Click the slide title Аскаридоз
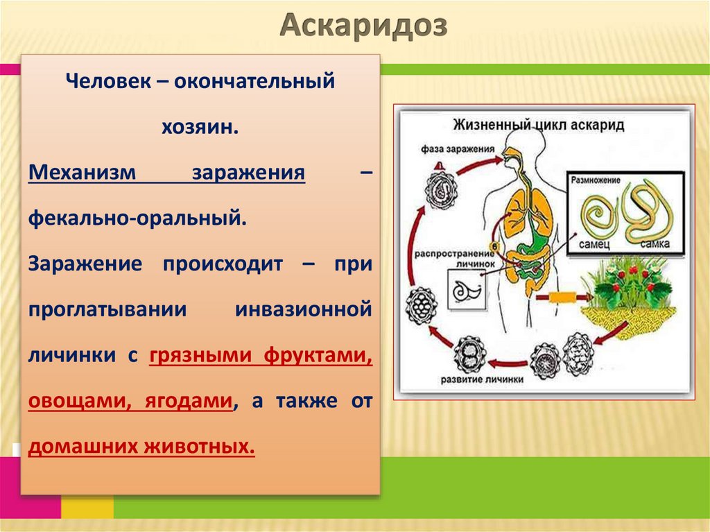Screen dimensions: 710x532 click(x=365, y=28)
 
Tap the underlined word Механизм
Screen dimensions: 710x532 click(x=82, y=173)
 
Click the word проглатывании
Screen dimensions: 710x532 click(x=107, y=309)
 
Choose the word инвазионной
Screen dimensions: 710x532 click(x=304, y=309)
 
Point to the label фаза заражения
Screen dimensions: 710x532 click(x=458, y=148)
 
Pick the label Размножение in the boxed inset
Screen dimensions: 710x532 click(x=596, y=178)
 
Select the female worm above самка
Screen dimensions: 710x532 click(x=647, y=211)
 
